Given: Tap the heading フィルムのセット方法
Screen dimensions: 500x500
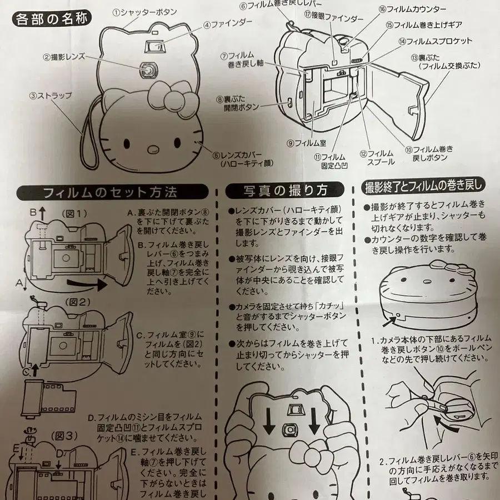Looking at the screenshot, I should click(110, 192).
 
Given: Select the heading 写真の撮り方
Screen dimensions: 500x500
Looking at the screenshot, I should click(284, 190).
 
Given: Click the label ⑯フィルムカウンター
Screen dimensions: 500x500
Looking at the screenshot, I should click(420, 9).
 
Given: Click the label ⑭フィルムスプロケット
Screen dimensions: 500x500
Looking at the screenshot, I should click(435, 41).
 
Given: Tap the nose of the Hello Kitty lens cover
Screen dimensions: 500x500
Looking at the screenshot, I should click(151, 148).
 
